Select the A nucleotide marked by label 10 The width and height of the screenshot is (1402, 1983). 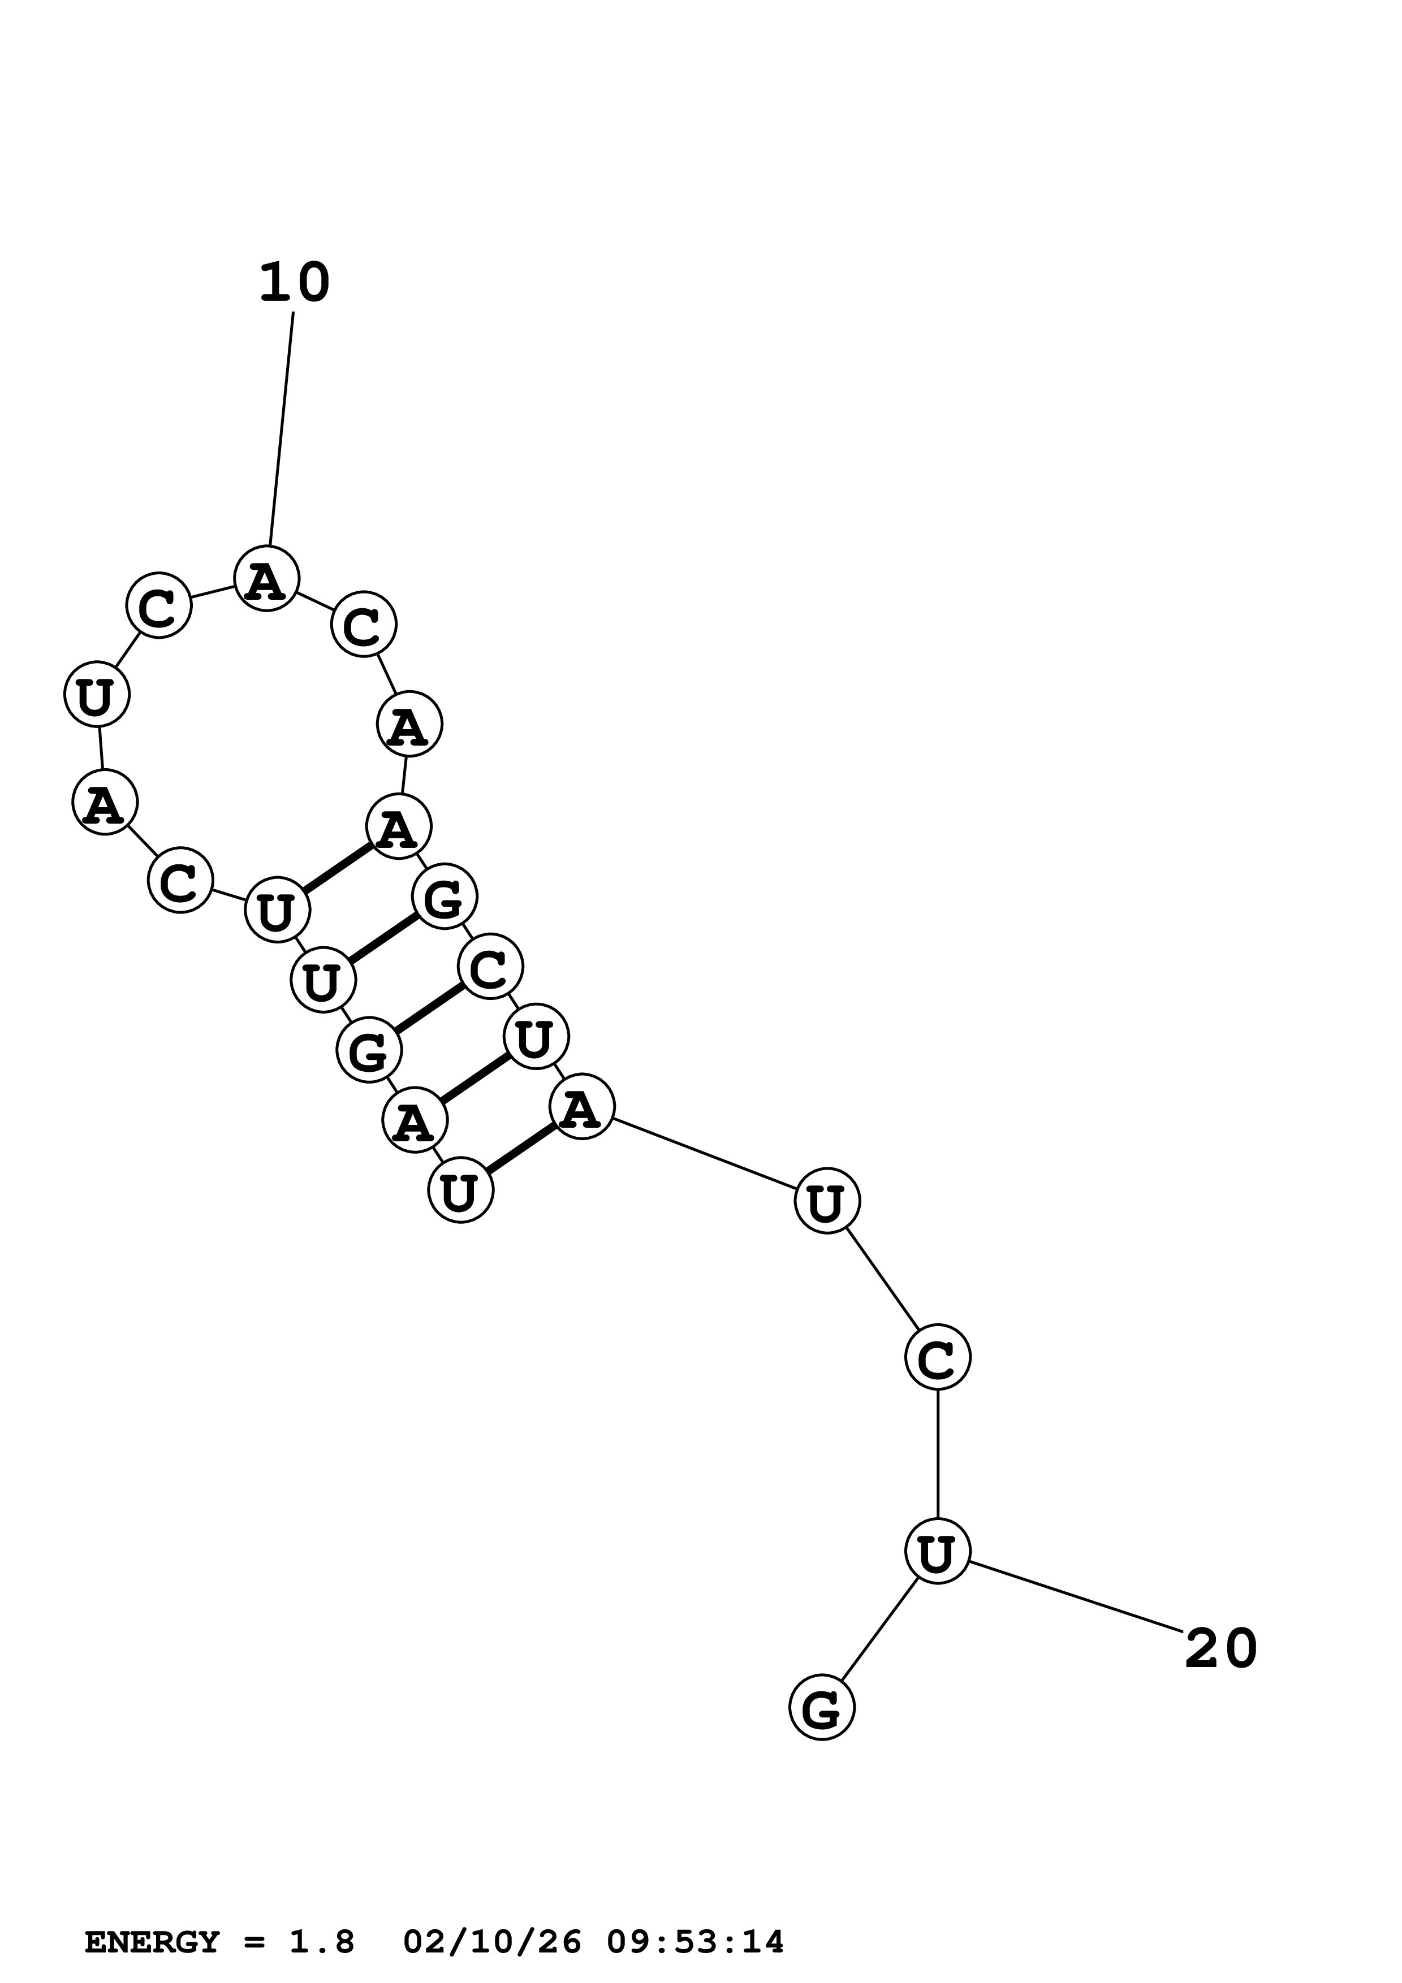click(x=266, y=579)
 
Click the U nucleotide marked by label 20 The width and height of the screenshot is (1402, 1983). click(x=937, y=1551)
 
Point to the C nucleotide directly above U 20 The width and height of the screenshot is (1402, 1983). click(x=937, y=1357)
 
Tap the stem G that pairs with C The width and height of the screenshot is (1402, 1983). click(x=369, y=1050)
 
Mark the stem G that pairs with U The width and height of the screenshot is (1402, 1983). click(x=444, y=897)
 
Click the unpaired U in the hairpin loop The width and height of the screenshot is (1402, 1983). click(x=97, y=694)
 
